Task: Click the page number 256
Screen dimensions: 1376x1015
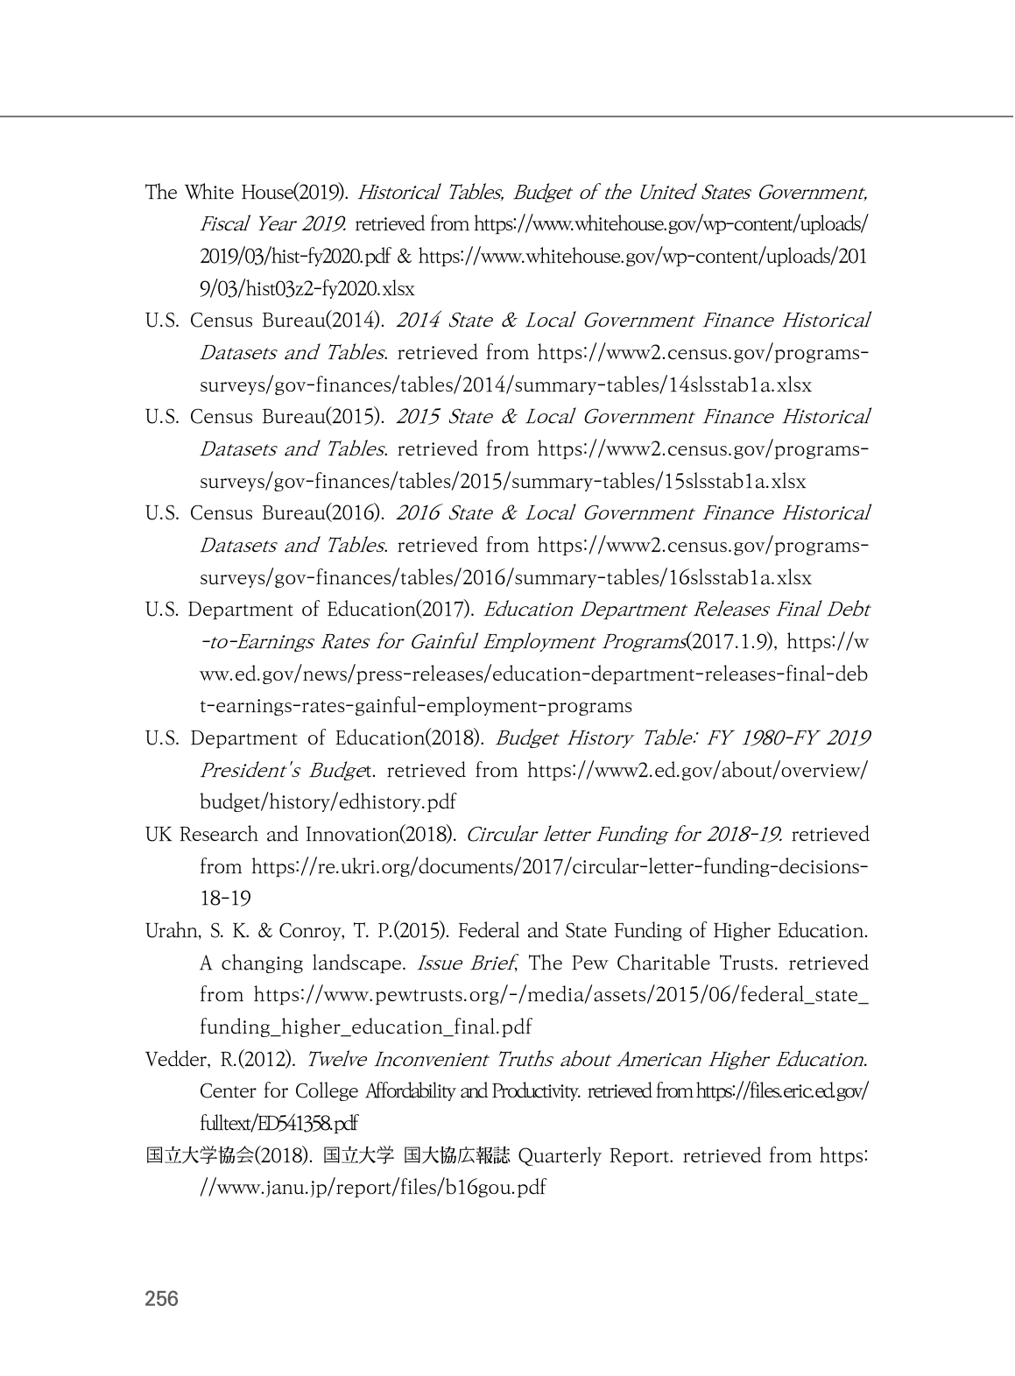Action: pos(161,1299)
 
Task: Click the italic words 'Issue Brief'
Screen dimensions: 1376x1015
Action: pos(465,963)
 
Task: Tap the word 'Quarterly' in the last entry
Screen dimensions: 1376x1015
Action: pos(560,1156)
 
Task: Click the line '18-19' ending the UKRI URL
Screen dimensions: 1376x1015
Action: pos(225,899)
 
